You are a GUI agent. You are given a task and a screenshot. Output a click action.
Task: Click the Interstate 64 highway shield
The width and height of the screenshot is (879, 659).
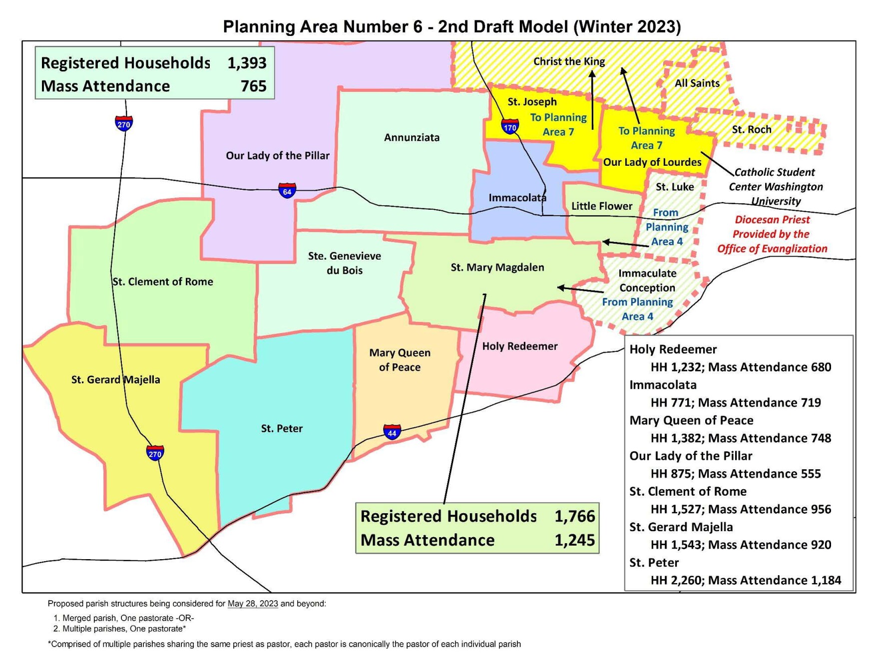287,191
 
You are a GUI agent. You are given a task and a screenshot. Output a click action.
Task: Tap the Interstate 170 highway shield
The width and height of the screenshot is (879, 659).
510,127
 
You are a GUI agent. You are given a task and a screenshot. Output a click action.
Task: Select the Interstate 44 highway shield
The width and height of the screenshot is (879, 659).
392,432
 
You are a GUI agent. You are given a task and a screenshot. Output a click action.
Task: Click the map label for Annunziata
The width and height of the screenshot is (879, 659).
412,138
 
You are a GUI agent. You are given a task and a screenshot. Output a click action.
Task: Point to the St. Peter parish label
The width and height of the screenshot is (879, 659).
282,428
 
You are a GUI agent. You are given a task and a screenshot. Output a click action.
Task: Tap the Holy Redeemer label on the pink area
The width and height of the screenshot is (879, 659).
519,346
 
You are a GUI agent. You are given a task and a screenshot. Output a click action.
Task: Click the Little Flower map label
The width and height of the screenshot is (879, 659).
601,206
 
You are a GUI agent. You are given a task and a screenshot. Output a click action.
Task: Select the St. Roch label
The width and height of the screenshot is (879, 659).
751,130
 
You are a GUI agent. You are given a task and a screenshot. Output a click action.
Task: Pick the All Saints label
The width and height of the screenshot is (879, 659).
697,83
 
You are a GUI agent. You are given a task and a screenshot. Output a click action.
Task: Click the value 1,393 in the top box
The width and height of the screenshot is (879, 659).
247,63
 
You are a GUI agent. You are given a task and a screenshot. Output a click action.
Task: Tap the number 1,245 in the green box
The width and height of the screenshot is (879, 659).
574,540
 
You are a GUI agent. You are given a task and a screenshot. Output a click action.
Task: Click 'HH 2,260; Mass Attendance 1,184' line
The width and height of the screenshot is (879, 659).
745,580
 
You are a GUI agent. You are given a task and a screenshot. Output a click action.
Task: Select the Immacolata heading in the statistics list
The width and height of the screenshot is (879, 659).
663,385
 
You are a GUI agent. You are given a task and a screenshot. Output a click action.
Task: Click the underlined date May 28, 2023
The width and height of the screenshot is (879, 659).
253,604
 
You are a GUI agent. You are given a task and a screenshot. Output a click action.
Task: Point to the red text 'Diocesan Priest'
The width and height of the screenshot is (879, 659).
772,220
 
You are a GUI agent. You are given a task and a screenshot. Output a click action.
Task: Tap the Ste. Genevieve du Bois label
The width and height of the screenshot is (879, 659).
344,263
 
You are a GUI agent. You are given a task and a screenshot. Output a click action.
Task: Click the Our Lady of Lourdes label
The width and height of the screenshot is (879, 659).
652,162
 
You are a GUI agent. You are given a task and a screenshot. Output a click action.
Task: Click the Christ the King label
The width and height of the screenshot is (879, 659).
569,61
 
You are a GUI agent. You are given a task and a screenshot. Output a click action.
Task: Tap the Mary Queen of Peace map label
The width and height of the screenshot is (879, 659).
400,360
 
